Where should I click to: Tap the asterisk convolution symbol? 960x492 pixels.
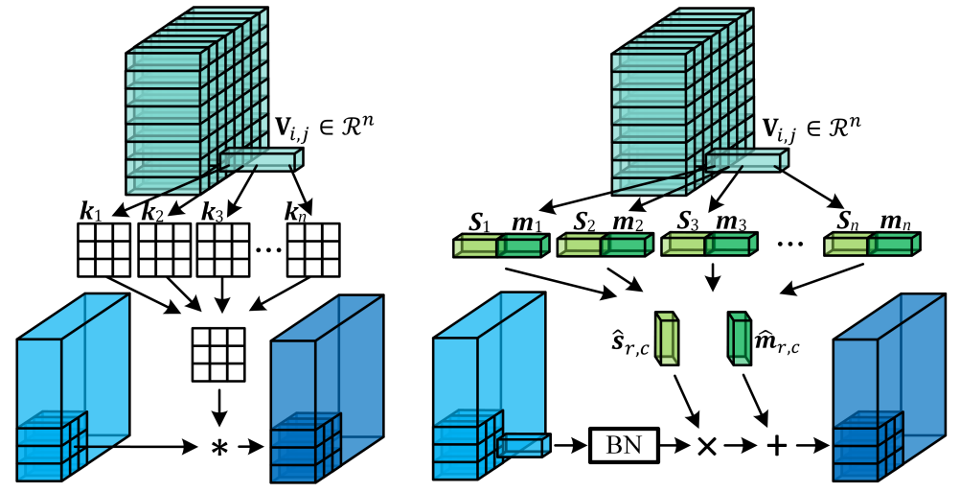click(220, 447)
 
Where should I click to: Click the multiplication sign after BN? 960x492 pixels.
click(707, 446)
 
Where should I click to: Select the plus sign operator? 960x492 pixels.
click(776, 446)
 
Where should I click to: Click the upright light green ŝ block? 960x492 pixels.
click(667, 339)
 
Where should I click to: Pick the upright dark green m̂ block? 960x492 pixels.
click(739, 339)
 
